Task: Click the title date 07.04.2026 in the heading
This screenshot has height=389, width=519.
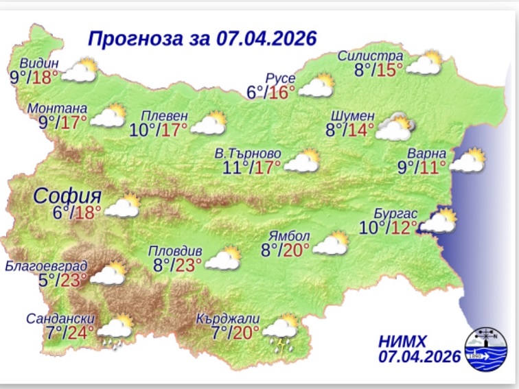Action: coord(256,36)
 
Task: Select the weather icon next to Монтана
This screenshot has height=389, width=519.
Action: coord(108,116)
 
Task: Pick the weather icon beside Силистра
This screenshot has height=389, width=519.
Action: coord(426,63)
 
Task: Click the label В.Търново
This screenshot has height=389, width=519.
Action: coord(255,153)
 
